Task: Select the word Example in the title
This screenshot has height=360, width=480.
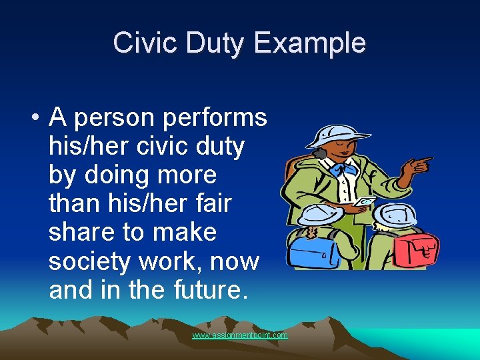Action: coord(310,43)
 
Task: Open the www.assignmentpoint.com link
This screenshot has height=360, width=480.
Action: coord(240,335)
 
